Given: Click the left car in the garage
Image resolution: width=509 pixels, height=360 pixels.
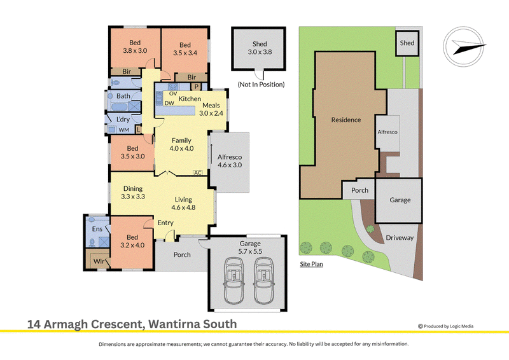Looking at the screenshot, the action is point(234,280).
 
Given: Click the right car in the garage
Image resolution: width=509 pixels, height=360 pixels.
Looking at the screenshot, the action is point(265,280).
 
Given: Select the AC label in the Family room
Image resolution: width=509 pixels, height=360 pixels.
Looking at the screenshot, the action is point(197,173).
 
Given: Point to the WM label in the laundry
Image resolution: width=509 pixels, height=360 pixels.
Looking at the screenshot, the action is point(123,130).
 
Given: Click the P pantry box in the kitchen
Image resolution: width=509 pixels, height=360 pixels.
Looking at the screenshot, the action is point(196,87).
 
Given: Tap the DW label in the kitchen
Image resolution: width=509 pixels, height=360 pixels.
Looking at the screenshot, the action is point(169,103).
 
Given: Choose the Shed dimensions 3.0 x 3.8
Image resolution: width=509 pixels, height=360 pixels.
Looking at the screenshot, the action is point(260,52).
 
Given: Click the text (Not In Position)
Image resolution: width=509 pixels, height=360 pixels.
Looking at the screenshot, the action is point(261,85).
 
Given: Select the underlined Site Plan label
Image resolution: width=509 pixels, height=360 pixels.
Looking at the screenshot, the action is point(311,264).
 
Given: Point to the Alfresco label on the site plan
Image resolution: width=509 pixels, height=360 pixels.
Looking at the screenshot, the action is point(387,132).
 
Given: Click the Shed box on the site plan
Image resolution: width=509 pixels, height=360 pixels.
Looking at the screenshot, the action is point(407,43).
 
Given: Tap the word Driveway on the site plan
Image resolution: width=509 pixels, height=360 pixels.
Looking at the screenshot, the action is point(400,238).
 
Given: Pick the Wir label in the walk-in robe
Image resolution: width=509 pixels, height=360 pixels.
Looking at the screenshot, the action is point(99,261).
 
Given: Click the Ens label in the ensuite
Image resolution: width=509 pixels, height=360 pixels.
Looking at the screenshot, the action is point(97,229).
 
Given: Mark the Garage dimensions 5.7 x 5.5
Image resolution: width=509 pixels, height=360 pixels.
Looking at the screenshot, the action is point(250,251).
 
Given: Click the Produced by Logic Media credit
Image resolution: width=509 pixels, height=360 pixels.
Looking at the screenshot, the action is point(446,326).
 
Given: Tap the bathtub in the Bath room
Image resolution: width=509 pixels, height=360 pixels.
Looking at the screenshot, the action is point(120,106).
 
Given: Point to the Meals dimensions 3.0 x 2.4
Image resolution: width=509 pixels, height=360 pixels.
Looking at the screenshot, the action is point(211,113).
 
